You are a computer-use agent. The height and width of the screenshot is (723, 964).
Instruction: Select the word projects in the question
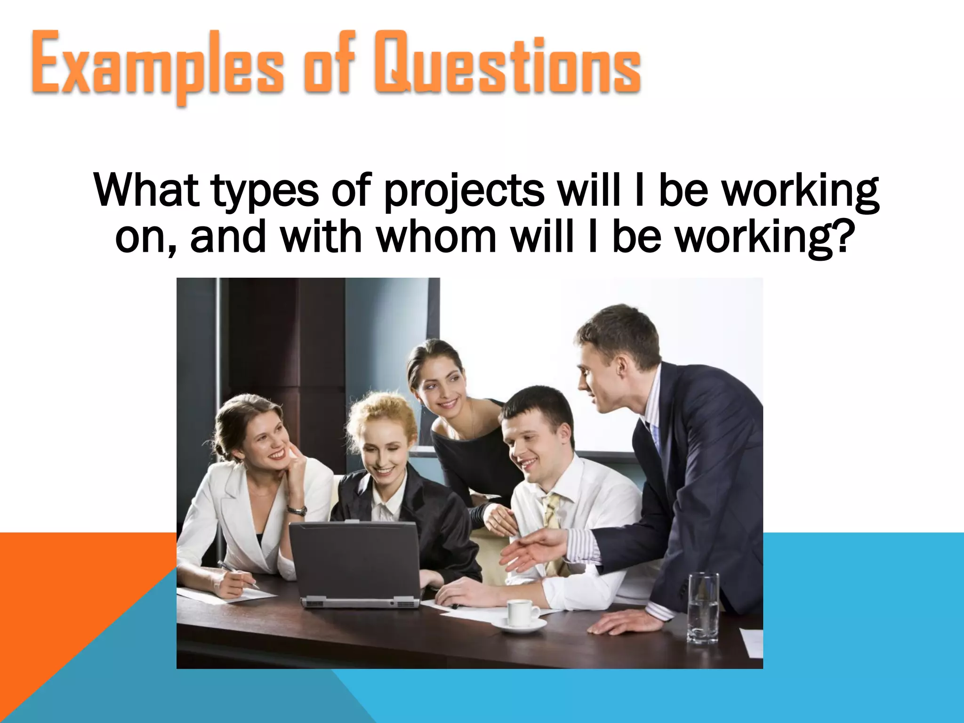(464, 191)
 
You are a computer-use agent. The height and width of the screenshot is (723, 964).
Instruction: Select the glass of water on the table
(703, 607)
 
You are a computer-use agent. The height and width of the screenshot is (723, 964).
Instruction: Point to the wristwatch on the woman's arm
(297, 510)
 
